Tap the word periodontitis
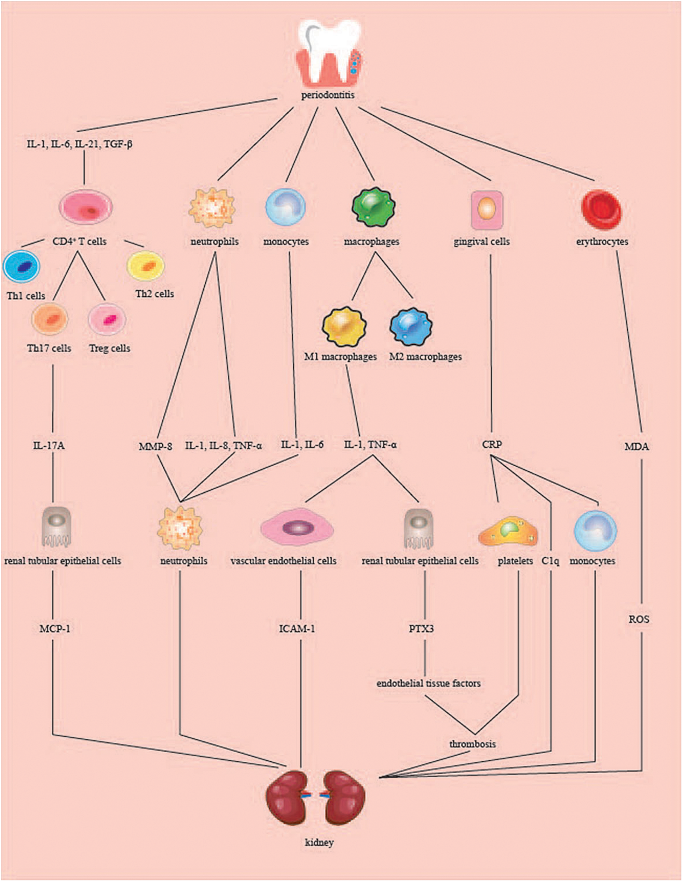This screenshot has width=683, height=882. click(328, 95)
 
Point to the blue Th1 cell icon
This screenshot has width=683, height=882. click(22, 266)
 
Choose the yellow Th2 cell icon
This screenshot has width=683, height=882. click(146, 266)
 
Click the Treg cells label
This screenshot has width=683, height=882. click(109, 348)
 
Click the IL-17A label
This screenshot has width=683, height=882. click(49, 446)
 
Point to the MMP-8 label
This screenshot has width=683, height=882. click(156, 446)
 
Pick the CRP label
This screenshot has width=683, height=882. click(492, 444)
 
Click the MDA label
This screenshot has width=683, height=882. click(636, 446)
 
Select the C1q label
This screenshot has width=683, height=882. click(550, 561)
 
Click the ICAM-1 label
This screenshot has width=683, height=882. click(297, 629)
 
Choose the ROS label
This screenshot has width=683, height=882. click(639, 619)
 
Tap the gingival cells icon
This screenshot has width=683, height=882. click(487, 209)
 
